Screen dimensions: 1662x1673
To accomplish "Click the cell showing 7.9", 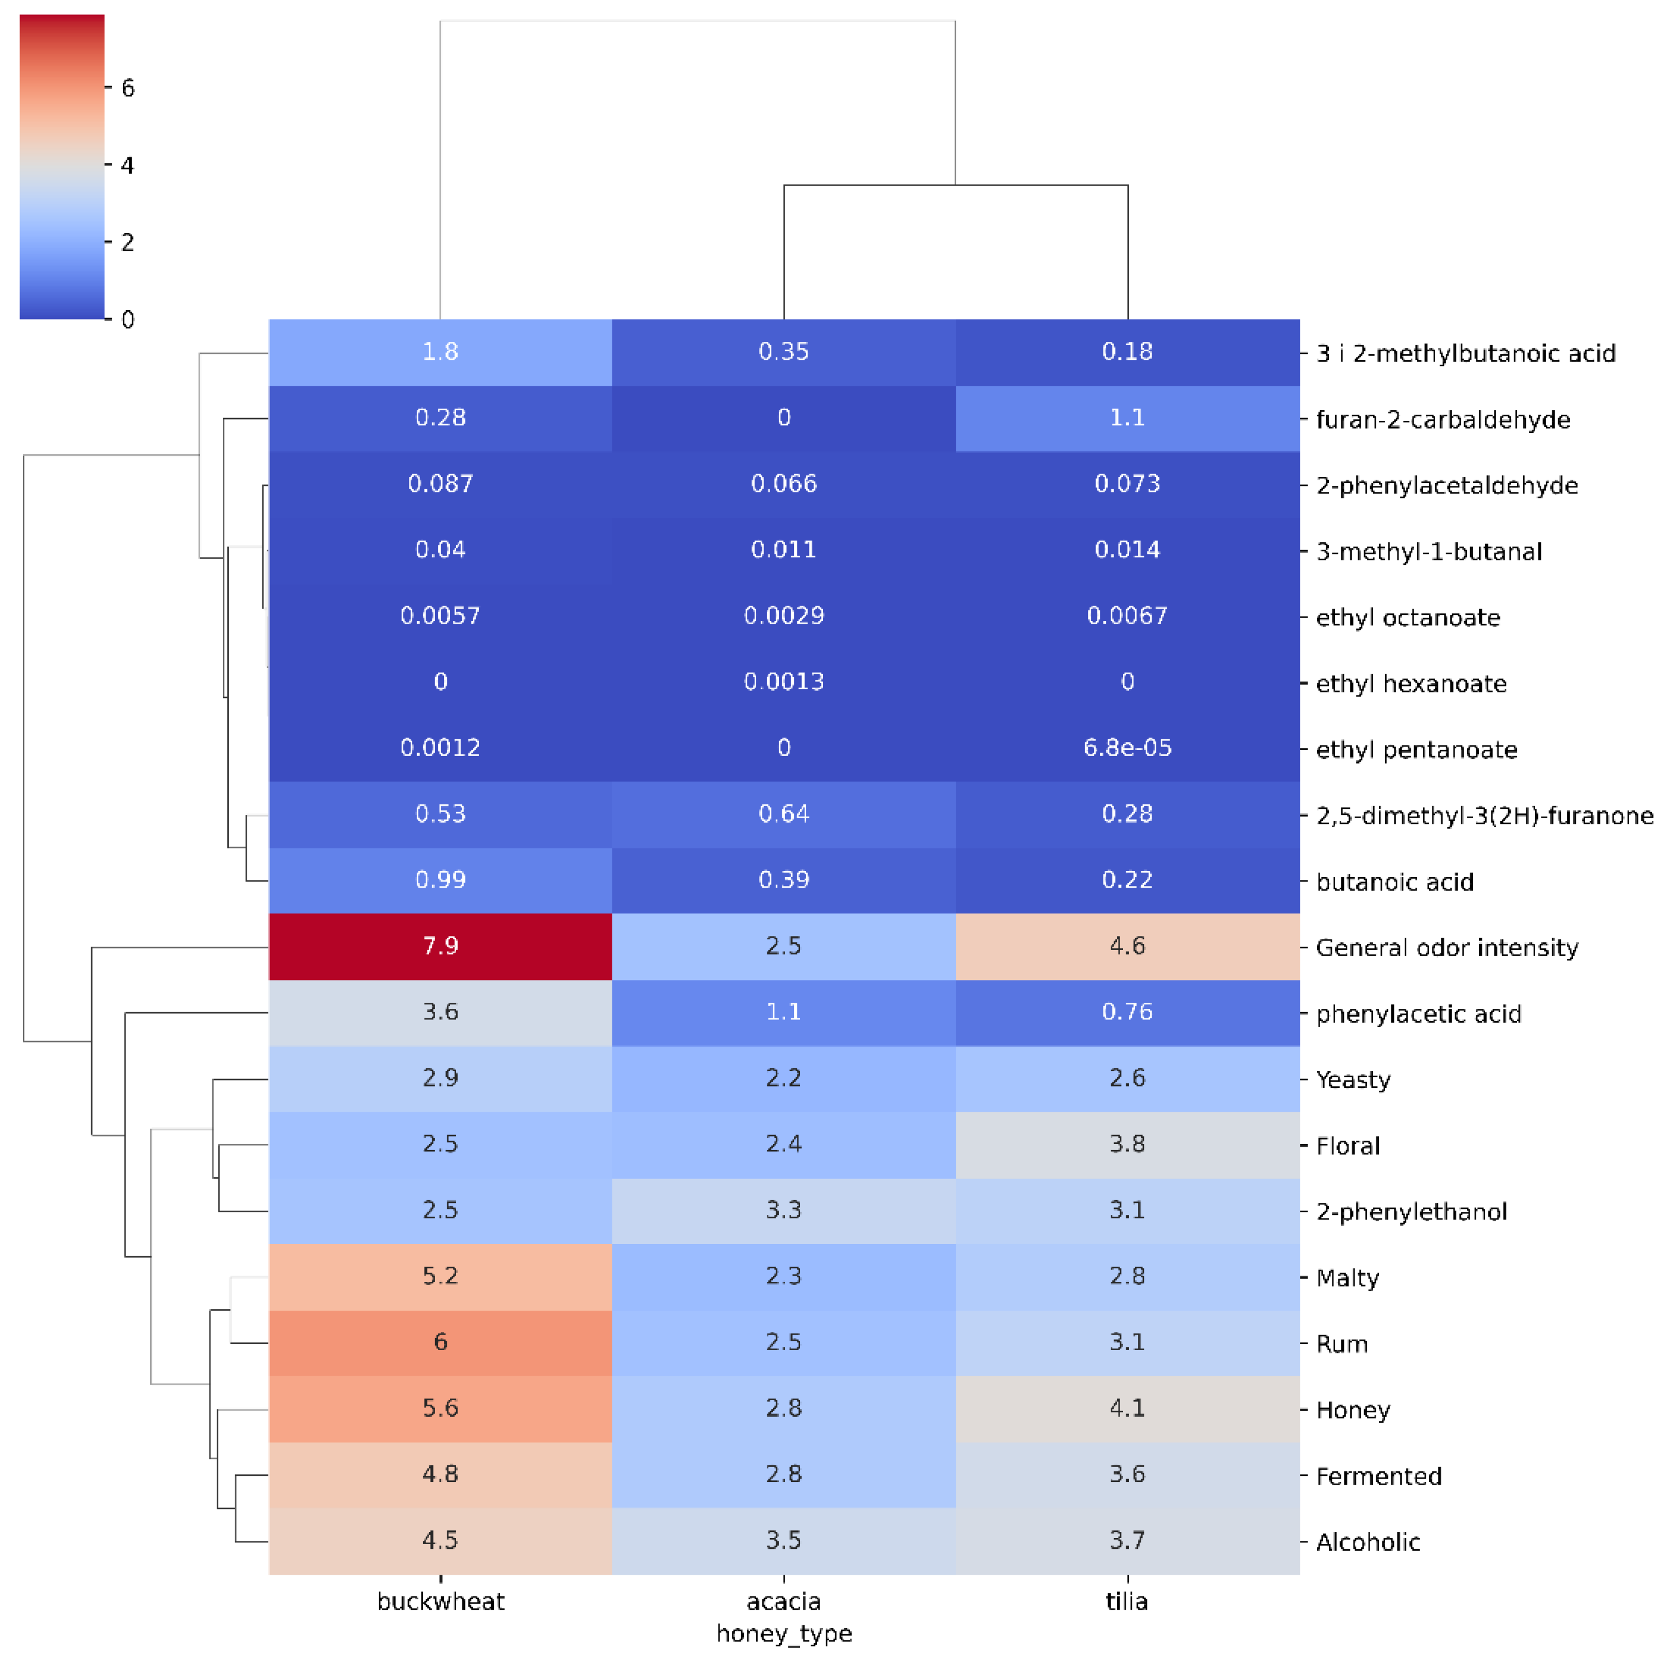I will (x=440, y=946).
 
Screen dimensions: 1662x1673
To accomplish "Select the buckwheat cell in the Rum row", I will (x=440, y=1342).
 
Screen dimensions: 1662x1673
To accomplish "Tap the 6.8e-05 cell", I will (x=1127, y=748).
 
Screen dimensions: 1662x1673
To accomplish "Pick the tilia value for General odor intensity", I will (x=1127, y=946).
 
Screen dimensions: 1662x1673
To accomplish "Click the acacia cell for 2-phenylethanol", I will (x=783, y=1210).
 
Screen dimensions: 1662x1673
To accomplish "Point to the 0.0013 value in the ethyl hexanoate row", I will (x=783, y=681).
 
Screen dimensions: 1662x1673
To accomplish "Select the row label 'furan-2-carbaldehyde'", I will (x=1442, y=420).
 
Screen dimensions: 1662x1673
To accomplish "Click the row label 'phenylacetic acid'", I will (x=1419, y=1014).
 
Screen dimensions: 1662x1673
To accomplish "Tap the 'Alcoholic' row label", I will (x=1367, y=1542).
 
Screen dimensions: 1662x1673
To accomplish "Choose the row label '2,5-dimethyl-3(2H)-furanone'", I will (x=1484, y=816).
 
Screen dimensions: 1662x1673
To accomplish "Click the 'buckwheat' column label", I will (x=440, y=1601).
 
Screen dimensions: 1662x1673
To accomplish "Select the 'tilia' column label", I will (x=1127, y=1601).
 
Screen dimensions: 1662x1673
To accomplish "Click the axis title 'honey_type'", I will (x=783, y=1634).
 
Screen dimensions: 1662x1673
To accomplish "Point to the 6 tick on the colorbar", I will (x=127, y=87).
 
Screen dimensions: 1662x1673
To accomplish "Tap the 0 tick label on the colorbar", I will (x=127, y=320).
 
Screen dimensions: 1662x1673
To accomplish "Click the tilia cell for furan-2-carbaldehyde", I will (x=1127, y=417).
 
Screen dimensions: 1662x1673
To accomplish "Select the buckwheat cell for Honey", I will (x=440, y=1407).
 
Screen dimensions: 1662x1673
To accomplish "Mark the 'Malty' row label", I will (x=1347, y=1278).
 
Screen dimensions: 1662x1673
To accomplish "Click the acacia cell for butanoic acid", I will (x=783, y=880).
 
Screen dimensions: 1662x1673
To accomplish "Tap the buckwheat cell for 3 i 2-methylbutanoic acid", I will (x=440, y=352).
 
